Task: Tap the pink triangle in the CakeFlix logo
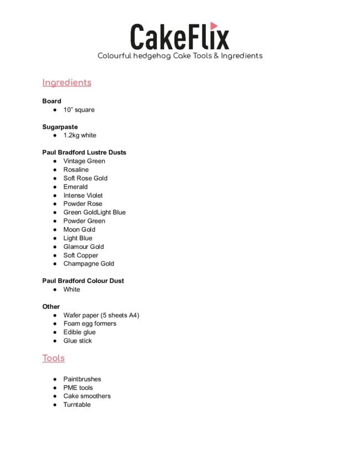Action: tap(214, 26)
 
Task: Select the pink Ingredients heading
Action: tap(67, 83)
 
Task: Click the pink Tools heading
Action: tap(54, 358)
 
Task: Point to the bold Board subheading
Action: tap(52, 101)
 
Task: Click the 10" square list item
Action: tap(79, 110)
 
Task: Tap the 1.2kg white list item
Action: tap(80, 135)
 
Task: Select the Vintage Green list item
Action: tap(84, 161)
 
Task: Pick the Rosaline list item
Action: tap(76, 170)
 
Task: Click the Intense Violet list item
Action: tap(83, 195)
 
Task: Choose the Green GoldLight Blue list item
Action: tap(94, 213)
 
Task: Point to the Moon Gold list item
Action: tap(80, 230)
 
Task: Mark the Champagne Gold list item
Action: tap(89, 264)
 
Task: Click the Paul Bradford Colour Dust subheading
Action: tap(83, 281)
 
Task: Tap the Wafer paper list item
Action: tap(101, 315)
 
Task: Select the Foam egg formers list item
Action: tap(90, 324)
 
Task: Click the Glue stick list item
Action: tap(78, 341)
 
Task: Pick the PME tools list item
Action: tap(78, 388)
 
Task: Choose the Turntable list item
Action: tap(77, 405)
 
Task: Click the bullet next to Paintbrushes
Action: tap(56, 379)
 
